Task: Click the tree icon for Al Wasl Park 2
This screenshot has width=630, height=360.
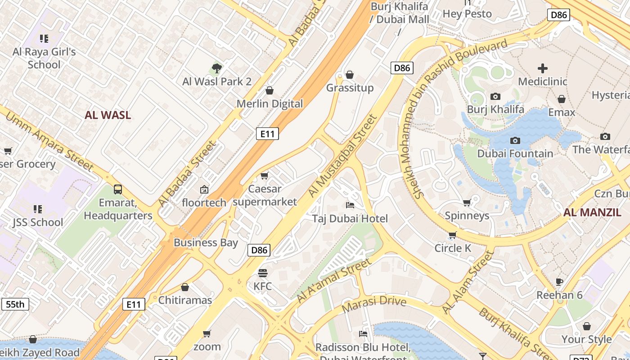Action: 217,68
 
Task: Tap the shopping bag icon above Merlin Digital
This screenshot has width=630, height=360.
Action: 270,91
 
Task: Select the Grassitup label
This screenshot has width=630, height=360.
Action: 350,88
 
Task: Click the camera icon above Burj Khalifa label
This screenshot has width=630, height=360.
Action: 495,96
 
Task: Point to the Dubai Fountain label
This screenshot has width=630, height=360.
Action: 515,153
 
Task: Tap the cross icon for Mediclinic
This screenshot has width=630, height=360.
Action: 543,68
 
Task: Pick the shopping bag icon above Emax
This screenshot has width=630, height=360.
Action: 562,99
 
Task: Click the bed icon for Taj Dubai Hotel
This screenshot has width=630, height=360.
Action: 350,205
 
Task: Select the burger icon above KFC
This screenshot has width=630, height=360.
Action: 263,273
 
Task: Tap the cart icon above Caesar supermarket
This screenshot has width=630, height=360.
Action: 265,175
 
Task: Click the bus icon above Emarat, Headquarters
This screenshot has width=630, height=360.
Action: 118,189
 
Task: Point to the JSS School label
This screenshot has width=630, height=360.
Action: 38,222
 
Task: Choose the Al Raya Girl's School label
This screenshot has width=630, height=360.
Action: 44,58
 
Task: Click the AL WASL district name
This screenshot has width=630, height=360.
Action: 108,115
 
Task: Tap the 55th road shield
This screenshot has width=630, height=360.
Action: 15,304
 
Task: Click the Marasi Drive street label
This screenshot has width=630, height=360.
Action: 374,305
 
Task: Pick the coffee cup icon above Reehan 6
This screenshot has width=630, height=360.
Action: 559,282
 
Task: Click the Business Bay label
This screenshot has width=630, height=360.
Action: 206,243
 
